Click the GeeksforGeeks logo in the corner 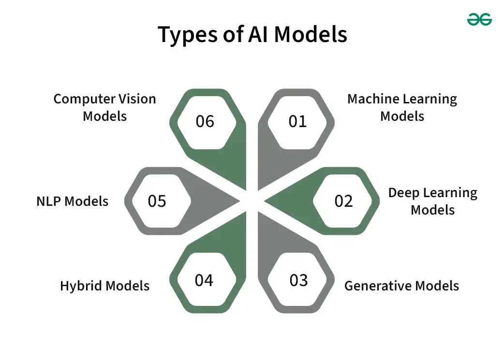479,19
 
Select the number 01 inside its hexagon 297,121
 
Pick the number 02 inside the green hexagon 343,201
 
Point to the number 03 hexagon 298,280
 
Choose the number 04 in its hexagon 204,280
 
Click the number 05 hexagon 157,201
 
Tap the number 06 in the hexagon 205,121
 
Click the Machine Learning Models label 402,107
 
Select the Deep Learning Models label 432,201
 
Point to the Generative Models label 401,286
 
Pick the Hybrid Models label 104,286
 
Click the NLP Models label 73,201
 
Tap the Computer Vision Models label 104,107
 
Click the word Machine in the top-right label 371,99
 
